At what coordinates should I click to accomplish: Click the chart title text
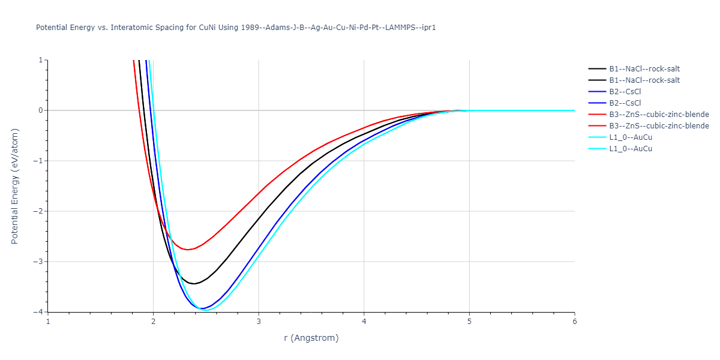pyautogui.click(x=236, y=28)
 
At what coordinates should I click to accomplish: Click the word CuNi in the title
pyautogui.click(x=209, y=28)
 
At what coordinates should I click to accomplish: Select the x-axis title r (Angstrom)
pyautogui.click(x=311, y=338)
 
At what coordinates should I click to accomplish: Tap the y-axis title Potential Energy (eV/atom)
pyautogui.click(x=15, y=185)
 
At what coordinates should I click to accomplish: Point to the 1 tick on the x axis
pyautogui.click(x=48, y=320)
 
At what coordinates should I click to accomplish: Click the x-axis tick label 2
pyautogui.click(x=154, y=320)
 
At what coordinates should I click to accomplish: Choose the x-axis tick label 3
pyautogui.click(x=259, y=320)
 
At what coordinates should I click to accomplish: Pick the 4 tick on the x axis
pyautogui.click(x=364, y=320)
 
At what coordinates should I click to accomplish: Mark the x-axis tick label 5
pyautogui.click(x=469, y=320)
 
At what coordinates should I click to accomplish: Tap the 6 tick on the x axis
pyautogui.click(x=574, y=320)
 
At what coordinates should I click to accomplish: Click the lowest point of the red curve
pyautogui.click(x=188, y=250)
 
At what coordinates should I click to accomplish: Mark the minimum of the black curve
pyautogui.click(x=194, y=284)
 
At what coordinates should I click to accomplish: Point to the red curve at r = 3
pyautogui.click(x=259, y=193)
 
